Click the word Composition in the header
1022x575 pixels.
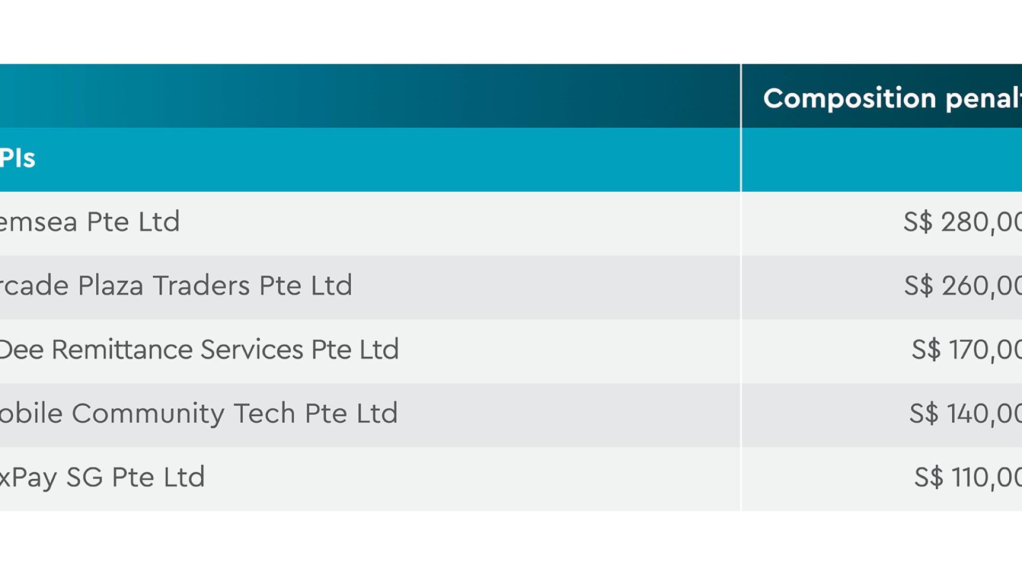849,98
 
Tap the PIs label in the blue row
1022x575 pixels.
18,158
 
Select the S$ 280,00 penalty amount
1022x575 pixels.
962,221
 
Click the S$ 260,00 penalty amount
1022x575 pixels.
962,285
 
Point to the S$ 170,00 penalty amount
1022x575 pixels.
966,349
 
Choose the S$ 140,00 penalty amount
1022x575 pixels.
965,413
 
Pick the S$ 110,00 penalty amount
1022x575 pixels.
968,477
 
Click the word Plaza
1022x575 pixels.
111,286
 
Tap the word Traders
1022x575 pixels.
201,286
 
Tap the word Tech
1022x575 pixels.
264,414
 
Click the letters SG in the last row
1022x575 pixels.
84,478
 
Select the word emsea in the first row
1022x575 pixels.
38,223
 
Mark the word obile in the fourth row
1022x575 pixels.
31,414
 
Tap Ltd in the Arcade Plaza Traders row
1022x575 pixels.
331,286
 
